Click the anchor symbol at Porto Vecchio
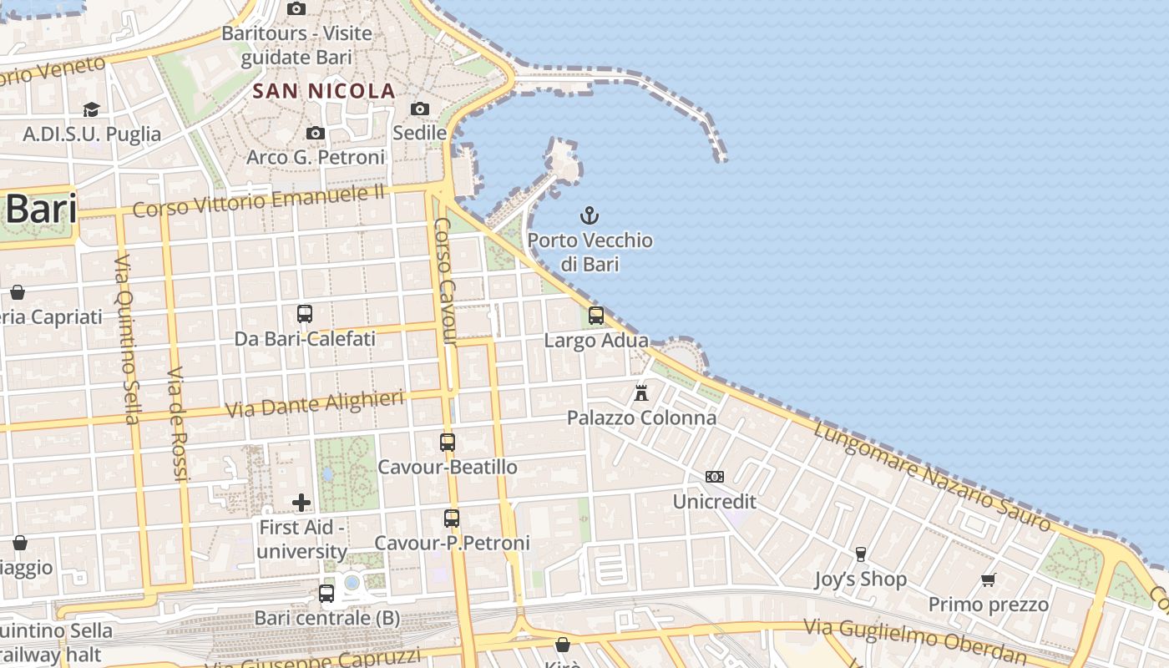tap(590, 215)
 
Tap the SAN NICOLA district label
tap(324, 91)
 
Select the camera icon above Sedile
tap(420, 109)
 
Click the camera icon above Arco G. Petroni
tap(316, 133)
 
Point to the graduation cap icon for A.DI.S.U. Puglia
tap(91, 109)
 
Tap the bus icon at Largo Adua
tap(596, 316)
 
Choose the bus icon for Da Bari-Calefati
tap(305, 314)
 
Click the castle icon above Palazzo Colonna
tap(641, 392)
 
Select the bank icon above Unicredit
tap(715, 477)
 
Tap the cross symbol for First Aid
tap(301, 503)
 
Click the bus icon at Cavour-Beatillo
tap(448, 443)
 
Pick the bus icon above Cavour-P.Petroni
tap(452, 519)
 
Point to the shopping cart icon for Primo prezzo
tap(989, 579)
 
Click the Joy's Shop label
tap(860, 579)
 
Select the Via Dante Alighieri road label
tap(316, 404)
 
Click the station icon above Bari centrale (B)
tap(326, 594)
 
